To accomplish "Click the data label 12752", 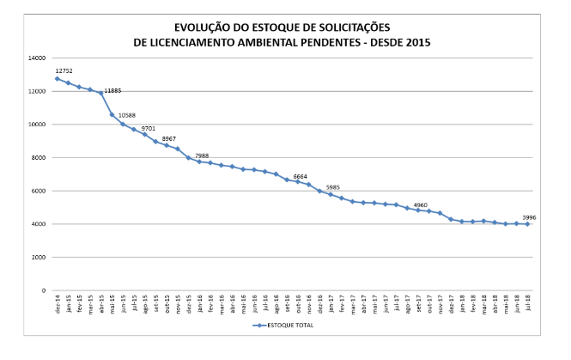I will coord(63,70).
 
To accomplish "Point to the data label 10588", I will coord(126,113).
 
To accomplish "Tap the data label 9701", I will coord(148,127).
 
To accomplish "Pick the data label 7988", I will coord(202,155).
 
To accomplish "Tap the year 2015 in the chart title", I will coord(416,41).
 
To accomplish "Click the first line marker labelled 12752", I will coord(58,79).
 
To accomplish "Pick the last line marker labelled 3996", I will coord(527,224).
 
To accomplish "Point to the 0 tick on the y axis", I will coord(43,290).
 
